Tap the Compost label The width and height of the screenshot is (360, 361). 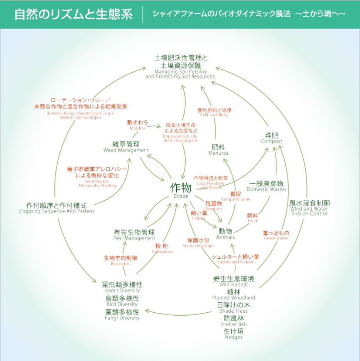point(271,138)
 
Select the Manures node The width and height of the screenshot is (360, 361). point(218,149)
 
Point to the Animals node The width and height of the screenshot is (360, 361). point(225,233)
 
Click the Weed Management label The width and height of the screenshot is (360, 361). point(126,147)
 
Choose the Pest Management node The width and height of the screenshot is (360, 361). point(134,235)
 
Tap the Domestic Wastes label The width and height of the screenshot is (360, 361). point(266,186)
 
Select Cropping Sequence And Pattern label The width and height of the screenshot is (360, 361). point(57,208)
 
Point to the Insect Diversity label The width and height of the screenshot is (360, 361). point(122,287)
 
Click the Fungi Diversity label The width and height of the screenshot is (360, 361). point(122,314)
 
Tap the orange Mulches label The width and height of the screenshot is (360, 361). point(138,125)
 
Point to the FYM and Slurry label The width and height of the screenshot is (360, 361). point(215,112)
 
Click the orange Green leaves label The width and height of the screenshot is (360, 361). point(276,235)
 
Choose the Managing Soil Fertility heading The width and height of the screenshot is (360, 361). point(180,65)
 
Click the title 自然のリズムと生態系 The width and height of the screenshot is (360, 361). point(74,14)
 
